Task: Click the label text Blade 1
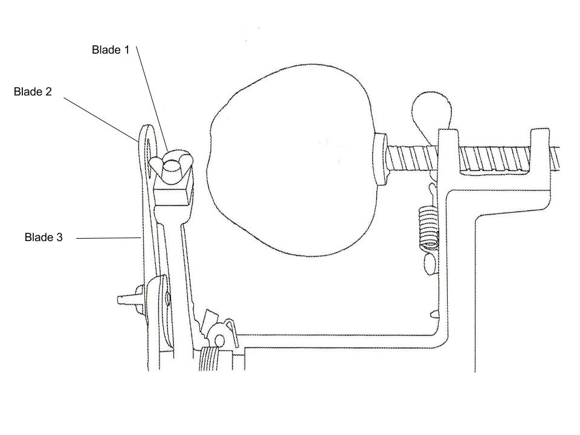coord(111,50)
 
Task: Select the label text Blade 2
coord(33,92)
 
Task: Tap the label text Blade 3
coord(43,237)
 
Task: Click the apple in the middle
coord(290,169)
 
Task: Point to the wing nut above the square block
coord(172,164)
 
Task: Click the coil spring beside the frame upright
coord(428,228)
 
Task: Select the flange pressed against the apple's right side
coord(381,160)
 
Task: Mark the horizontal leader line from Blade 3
coord(109,239)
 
